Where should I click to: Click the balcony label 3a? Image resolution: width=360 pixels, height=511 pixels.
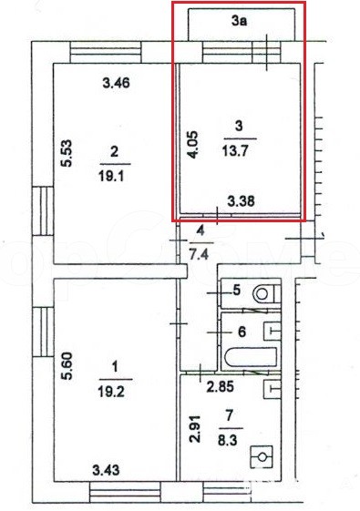(240, 21)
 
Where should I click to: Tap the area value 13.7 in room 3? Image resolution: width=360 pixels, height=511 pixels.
(235, 151)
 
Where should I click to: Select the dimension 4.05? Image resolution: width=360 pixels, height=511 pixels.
(193, 145)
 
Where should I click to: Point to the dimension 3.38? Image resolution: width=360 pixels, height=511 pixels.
(241, 201)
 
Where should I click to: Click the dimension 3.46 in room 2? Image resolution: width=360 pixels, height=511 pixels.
(116, 83)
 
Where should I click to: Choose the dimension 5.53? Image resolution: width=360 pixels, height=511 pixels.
(67, 153)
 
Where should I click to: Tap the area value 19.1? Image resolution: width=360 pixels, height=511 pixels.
(111, 177)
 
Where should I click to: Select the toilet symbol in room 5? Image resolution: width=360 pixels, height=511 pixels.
(266, 293)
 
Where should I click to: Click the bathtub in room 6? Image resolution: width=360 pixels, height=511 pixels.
(251, 357)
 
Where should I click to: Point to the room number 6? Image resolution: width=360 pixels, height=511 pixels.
(242, 332)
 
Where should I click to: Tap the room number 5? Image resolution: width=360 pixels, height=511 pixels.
(237, 290)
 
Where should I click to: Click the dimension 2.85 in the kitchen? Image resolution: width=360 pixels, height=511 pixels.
(221, 387)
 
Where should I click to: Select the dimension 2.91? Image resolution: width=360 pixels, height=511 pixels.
(195, 428)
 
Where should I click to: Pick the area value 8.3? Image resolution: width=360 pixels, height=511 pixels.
(228, 441)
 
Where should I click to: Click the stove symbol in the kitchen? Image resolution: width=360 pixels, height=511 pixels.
(262, 457)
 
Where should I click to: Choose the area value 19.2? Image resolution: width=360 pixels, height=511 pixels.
(111, 392)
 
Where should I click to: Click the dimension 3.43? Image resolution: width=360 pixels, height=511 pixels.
(106, 470)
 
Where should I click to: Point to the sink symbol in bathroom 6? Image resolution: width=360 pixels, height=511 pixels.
(273, 332)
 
